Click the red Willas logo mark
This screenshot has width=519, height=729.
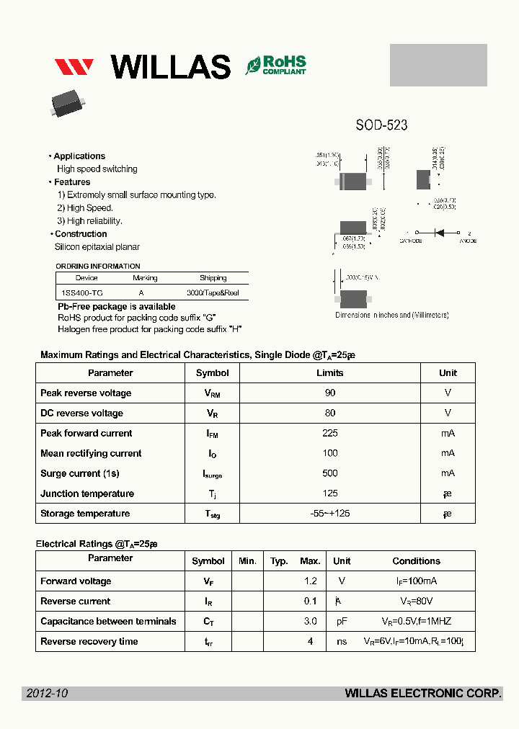point(74,67)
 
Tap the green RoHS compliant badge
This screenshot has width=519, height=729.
point(275,66)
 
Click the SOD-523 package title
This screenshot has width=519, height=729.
point(381,125)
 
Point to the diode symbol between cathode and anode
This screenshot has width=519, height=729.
point(438,233)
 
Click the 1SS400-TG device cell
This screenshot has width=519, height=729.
point(81,293)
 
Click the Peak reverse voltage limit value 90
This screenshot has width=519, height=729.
point(330,393)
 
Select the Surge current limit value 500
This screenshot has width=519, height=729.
point(330,473)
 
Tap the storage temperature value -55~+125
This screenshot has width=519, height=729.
point(330,514)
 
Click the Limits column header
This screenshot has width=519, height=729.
point(330,373)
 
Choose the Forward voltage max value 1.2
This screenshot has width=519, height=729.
point(310,581)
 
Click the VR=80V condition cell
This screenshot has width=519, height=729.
point(416,601)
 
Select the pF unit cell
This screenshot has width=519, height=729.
point(342,622)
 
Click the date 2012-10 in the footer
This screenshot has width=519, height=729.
point(47,694)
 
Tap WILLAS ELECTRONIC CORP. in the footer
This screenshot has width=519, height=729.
point(423,694)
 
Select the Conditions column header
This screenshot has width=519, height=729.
point(416,561)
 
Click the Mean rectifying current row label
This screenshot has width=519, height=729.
point(91,454)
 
